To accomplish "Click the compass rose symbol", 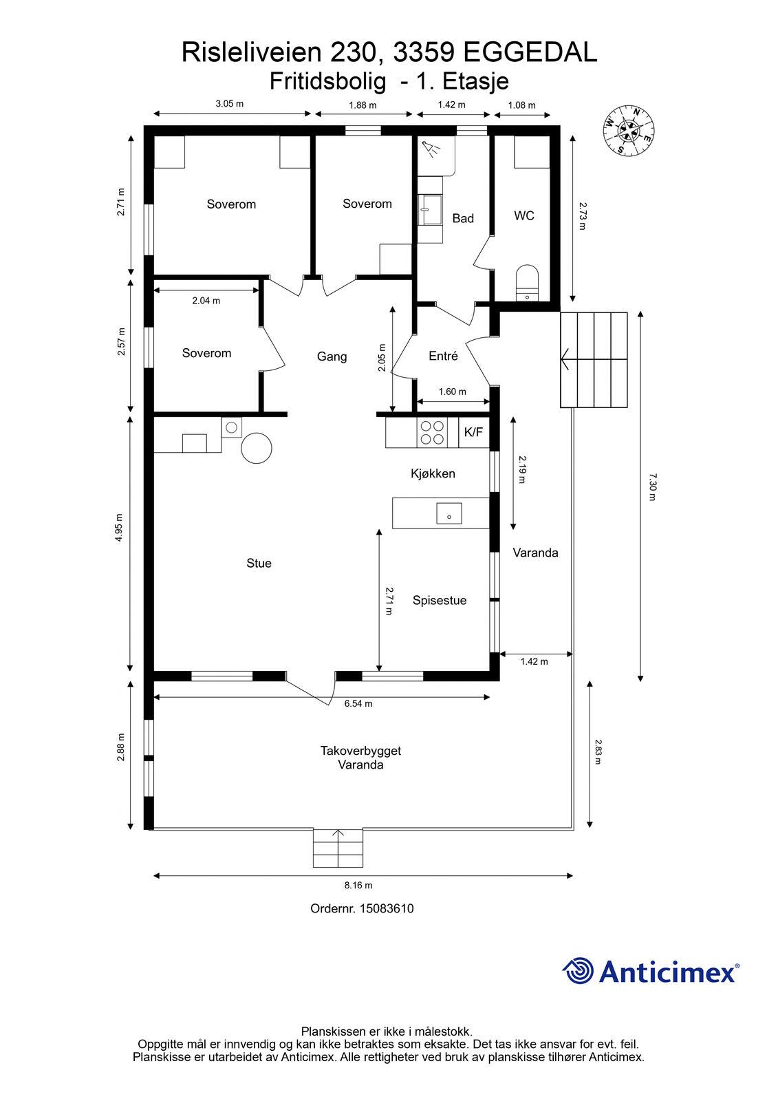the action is pos(629,130).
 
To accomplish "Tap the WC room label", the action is pos(524,216).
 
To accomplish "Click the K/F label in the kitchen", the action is pos(473,432).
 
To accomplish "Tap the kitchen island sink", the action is pos(449,513).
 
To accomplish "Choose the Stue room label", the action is pos(259,564).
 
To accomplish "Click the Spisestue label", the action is pos(440,601).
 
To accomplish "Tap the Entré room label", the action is pos(443,356).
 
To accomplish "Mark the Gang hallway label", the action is pos(332,357).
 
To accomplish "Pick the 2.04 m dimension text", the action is pos(206,301).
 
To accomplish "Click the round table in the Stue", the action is pos(257,447).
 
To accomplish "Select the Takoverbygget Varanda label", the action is pos(360,758).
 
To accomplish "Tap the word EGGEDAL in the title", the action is pos(530,52).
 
